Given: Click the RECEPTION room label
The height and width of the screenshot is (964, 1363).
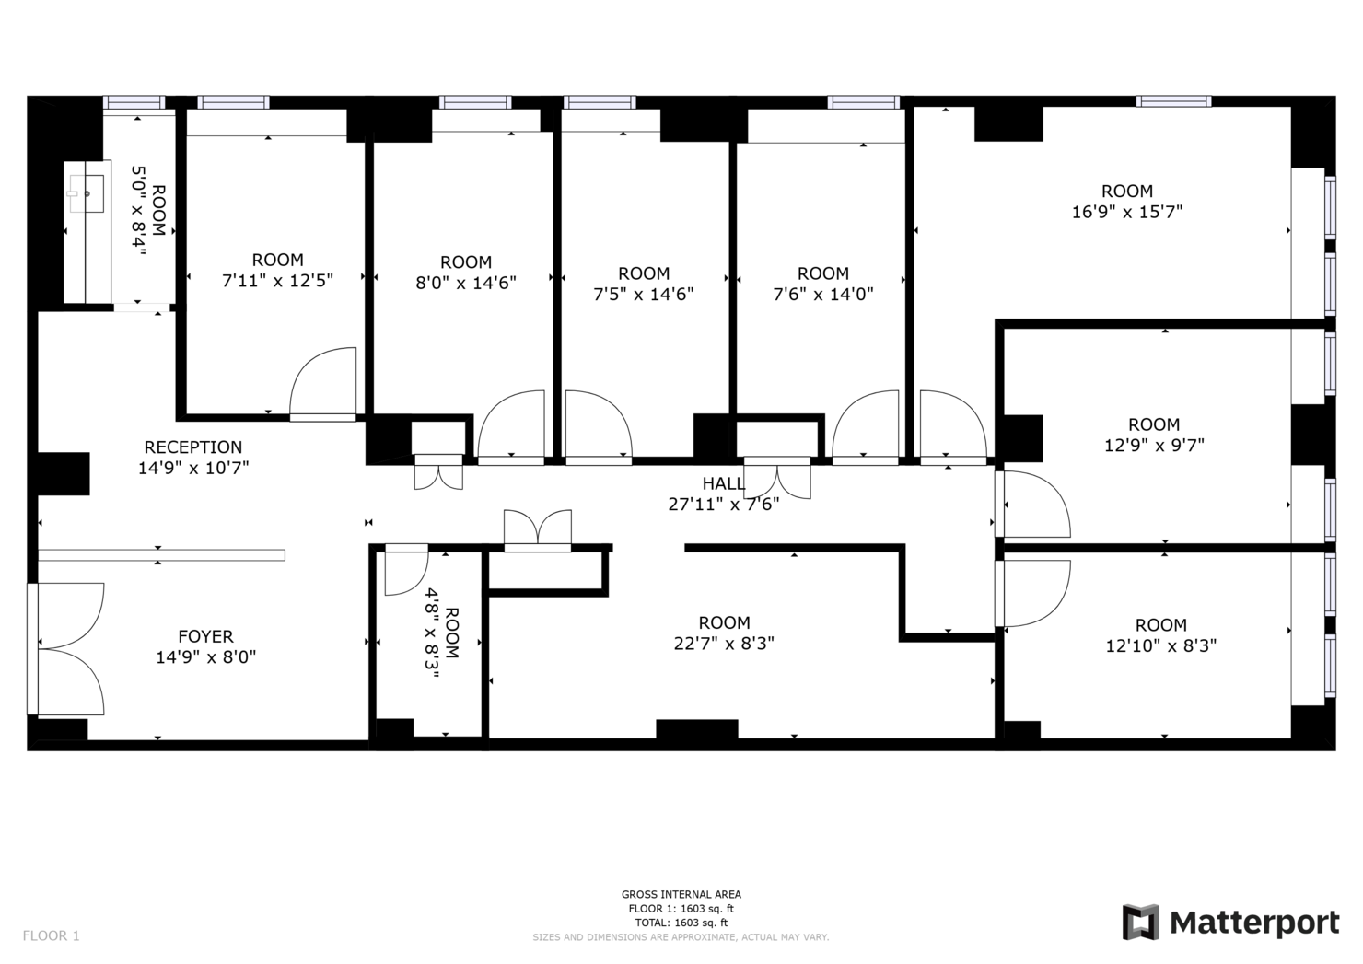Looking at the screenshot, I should point(193,447).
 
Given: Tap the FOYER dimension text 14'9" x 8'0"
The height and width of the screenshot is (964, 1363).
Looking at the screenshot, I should point(205,657).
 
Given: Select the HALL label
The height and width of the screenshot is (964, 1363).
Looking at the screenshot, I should point(724,483).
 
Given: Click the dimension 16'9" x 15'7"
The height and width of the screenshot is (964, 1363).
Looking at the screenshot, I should point(1126,212).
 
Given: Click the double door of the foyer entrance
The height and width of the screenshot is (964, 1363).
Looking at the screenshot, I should point(70,648).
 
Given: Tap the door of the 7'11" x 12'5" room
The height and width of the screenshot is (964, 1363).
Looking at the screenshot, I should point(323,385).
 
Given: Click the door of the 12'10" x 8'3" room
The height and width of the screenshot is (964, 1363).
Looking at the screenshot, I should point(1034,592).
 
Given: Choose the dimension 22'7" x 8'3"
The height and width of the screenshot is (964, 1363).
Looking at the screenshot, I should point(724,644).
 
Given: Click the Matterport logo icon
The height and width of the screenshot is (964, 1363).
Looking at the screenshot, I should point(1140,923).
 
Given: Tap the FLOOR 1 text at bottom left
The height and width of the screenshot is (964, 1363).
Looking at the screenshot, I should point(52,935).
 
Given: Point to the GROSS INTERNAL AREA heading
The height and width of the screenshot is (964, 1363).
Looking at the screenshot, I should point(681,894).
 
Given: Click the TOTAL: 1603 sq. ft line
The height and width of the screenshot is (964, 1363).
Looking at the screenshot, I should point(681,923).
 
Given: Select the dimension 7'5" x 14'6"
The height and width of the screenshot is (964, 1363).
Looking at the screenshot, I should point(644,295).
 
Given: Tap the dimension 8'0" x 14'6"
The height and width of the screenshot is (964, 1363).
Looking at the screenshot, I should point(466,283).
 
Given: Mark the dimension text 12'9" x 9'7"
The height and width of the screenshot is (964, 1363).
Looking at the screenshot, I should point(1154,445).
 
